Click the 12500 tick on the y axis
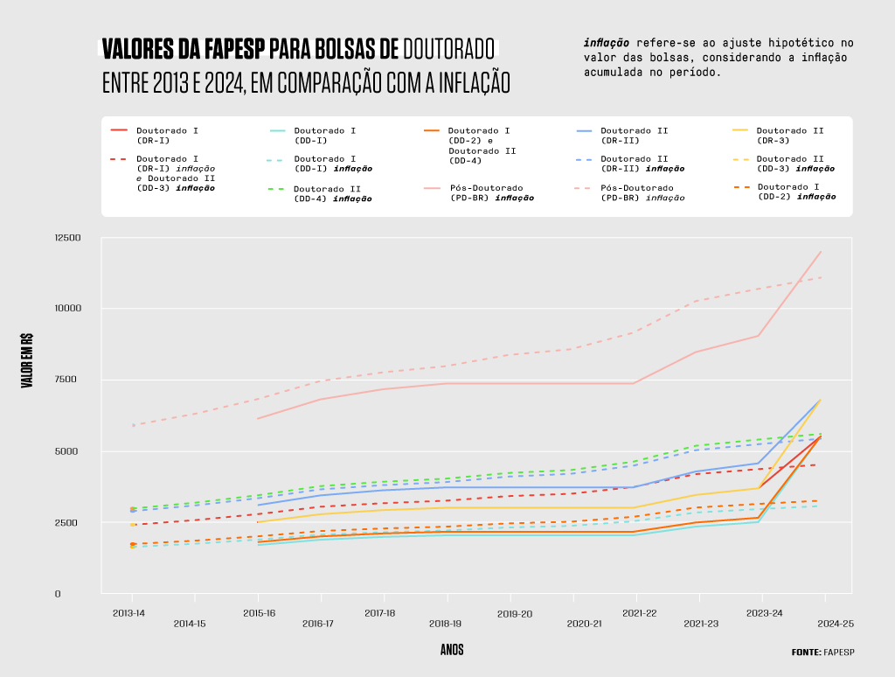click(x=67, y=238)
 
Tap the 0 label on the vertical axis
click(x=58, y=594)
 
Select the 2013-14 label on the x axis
click(x=129, y=613)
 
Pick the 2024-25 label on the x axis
click(x=835, y=624)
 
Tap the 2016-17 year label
click(x=318, y=624)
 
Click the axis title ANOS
click(x=452, y=650)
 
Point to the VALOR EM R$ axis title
click(x=27, y=359)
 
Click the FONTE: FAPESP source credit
click(x=822, y=652)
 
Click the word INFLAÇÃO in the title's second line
click(x=456, y=82)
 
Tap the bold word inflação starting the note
click(x=607, y=42)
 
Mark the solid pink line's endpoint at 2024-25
click(x=821, y=252)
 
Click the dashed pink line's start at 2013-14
click(x=133, y=425)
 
